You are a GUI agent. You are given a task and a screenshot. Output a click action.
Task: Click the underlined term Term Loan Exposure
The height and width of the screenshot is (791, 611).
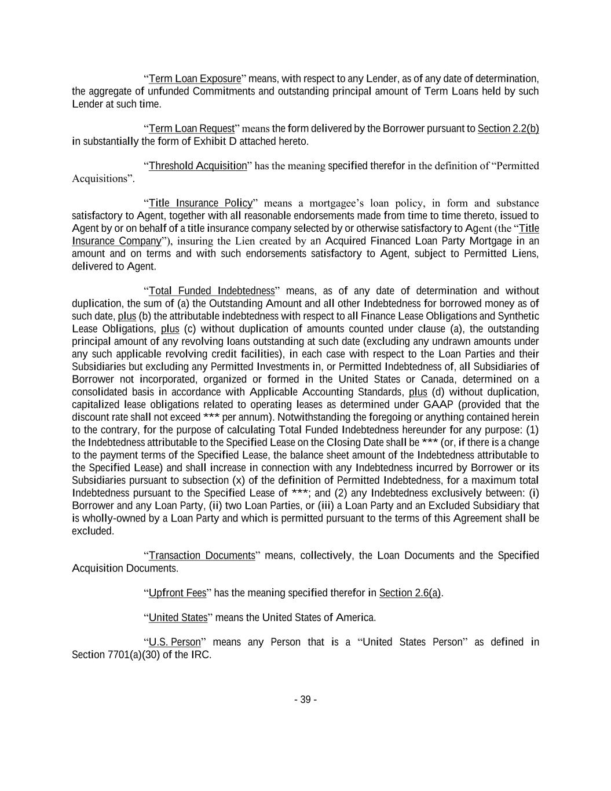[195, 79]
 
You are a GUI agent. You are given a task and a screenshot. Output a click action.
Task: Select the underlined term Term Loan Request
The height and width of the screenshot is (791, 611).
[191, 129]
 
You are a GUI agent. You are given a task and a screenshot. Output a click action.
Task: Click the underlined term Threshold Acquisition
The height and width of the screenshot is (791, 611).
[197, 166]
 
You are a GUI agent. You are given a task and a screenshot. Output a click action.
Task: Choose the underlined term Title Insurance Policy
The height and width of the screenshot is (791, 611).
[200, 203]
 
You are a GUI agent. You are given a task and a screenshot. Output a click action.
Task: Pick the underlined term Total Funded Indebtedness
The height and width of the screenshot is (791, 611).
[211, 291]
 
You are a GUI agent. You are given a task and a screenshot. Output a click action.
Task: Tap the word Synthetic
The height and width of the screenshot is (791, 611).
[518, 316]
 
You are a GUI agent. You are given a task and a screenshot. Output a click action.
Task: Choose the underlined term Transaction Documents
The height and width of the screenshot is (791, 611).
[202, 556]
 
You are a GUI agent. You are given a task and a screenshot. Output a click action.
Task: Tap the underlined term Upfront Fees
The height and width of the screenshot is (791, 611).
[177, 593]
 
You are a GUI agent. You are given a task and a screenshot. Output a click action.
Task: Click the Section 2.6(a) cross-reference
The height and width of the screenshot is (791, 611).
[410, 593]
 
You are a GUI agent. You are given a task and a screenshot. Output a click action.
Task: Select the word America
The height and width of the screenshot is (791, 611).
[356, 618]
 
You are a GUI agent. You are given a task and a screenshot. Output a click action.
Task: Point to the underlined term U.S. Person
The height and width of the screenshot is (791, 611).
[174, 643]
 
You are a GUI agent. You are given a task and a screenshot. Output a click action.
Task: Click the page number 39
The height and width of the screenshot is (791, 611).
[305, 700]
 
